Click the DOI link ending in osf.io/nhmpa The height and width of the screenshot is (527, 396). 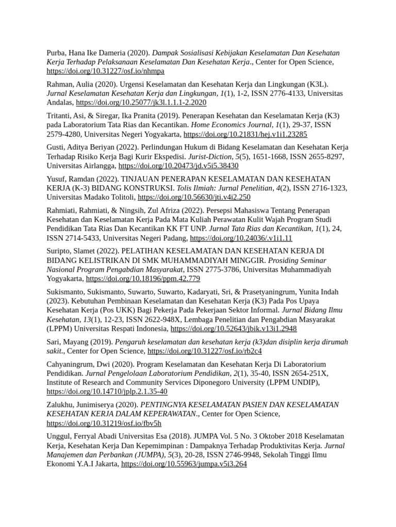[105, 71]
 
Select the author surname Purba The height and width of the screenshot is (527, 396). [57, 53]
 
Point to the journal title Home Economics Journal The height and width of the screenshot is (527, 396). [229, 125]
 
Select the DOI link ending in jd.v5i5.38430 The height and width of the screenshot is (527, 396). [178, 166]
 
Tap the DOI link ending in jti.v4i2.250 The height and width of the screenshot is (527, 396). [194, 197]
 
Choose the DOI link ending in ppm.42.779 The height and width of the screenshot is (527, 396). [143, 278]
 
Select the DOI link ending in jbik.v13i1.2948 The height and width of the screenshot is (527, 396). [234, 328]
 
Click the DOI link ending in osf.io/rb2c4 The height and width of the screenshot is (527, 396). [205, 351]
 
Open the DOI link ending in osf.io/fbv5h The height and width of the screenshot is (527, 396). [104, 423]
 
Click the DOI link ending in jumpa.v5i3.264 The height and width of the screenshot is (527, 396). [184, 464]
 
